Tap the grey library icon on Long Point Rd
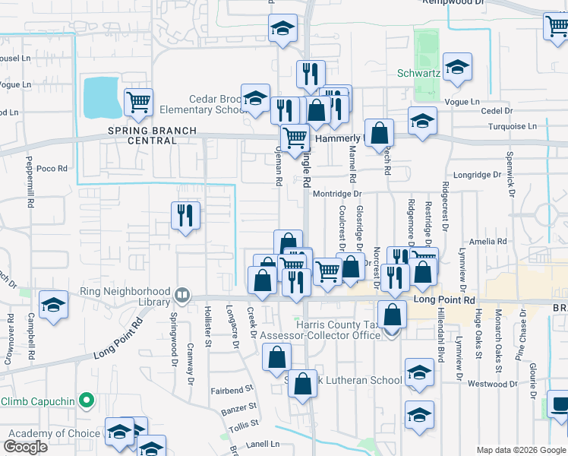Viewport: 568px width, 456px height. click(182, 295)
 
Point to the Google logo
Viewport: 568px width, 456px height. click(26, 447)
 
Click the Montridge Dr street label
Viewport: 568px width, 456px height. click(337, 195)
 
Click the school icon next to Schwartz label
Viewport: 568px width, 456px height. click(458, 68)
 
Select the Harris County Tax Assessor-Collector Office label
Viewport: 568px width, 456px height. click(320, 331)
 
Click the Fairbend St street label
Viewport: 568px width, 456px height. click(232, 390)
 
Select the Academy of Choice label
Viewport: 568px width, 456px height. click(54, 434)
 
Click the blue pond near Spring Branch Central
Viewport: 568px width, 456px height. click(100, 97)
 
